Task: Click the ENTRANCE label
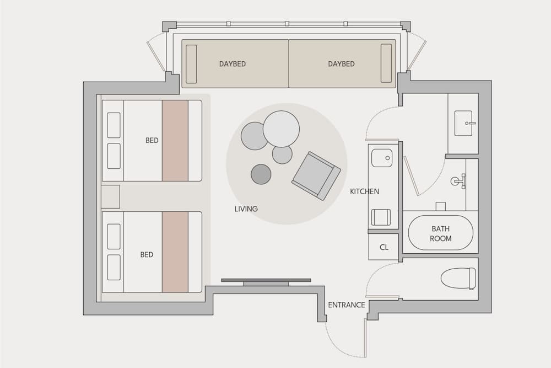(347, 305)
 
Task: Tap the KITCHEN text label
(364, 191)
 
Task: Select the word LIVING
(246, 209)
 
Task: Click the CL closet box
(384, 247)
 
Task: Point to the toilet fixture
(458, 278)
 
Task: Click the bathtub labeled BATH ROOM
(440, 233)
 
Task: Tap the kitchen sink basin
(381, 158)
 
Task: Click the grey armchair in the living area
(316, 175)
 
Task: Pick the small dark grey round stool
(261, 174)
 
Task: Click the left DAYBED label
(232, 64)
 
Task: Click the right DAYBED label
(341, 64)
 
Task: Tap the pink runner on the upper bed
(175, 141)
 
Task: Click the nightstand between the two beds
(110, 196)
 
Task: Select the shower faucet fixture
(458, 180)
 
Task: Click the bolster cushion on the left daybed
(191, 63)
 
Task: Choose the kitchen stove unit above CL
(381, 217)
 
